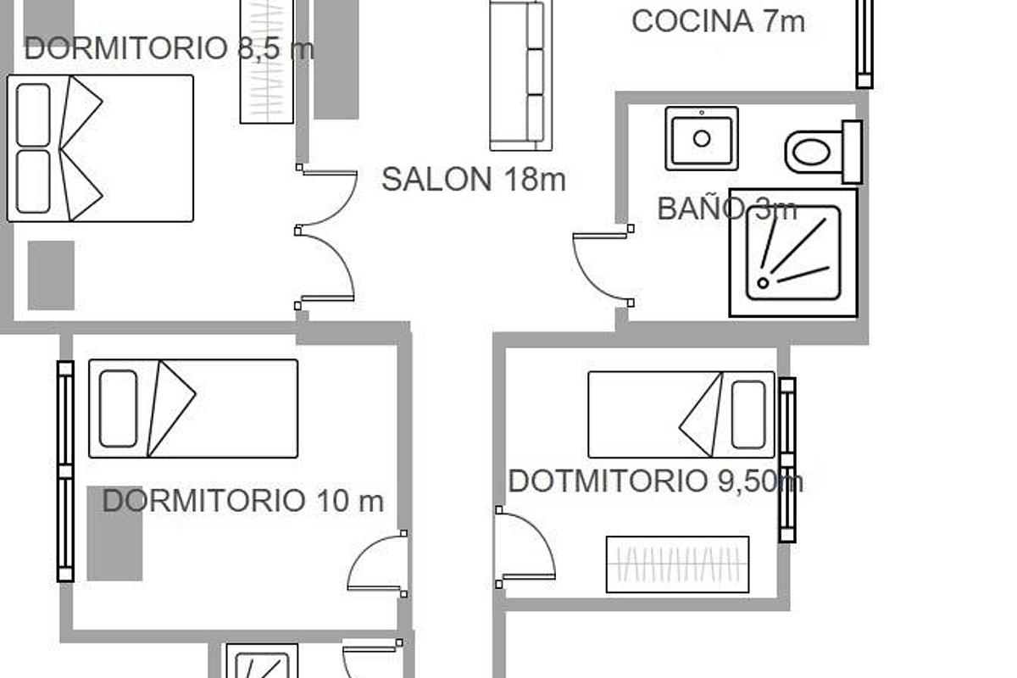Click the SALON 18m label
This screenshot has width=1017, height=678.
(473, 180)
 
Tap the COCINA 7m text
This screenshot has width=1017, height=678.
(718, 21)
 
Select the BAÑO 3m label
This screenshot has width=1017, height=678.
(726, 208)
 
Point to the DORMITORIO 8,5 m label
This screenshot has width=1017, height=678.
(169, 48)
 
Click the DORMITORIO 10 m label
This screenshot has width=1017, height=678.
(242, 501)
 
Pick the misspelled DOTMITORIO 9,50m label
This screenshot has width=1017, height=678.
(655, 481)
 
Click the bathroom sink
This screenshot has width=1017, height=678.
(702, 138)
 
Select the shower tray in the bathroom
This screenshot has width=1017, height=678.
(793, 253)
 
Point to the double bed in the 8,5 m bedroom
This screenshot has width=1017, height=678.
(101, 148)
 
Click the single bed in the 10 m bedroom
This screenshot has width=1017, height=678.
(193, 408)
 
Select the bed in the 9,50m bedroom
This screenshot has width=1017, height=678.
(681, 414)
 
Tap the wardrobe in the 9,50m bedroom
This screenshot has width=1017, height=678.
(677, 564)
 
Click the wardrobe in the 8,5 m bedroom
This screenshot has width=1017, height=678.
(267, 61)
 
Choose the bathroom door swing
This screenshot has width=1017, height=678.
(601, 264)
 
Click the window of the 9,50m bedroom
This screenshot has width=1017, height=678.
(787, 459)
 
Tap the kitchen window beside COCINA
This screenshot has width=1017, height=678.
(864, 42)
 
